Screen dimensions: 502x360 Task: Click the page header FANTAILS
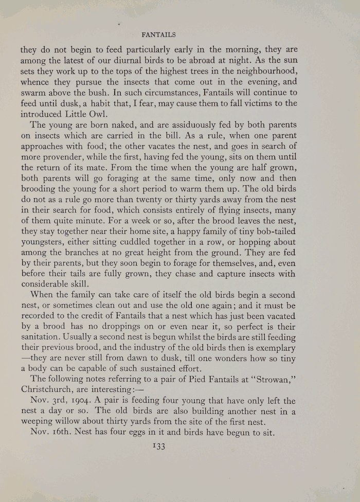158,35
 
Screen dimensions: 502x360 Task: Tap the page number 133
157,447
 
